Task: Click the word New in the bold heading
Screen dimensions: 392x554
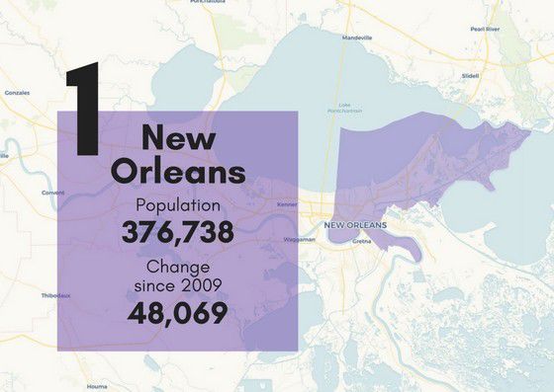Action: pyautogui.click(x=177, y=137)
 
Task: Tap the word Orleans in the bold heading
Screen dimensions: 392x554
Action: pyautogui.click(x=178, y=172)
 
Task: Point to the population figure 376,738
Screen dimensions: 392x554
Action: pyautogui.click(x=177, y=233)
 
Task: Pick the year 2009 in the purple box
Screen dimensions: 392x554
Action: pyautogui.click(x=200, y=285)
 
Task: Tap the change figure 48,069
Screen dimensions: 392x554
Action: pyautogui.click(x=177, y=313)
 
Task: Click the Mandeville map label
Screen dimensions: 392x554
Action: pyautogui.click(x=356, y=38)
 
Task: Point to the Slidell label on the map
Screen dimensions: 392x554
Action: pyautogui.click(x=471, y=76)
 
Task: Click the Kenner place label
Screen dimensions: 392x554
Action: pyautogui.click(x=286, y=205)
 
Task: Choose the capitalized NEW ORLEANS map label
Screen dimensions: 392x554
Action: pyautogui.click(x=355, y=225)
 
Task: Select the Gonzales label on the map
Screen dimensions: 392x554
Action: pyautogui.click(x=17, y=92)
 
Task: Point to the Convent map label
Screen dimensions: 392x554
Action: pyautogui.click(x=52, y=193)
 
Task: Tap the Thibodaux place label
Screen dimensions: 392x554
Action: pyautogui.click(x=55, y=295)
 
